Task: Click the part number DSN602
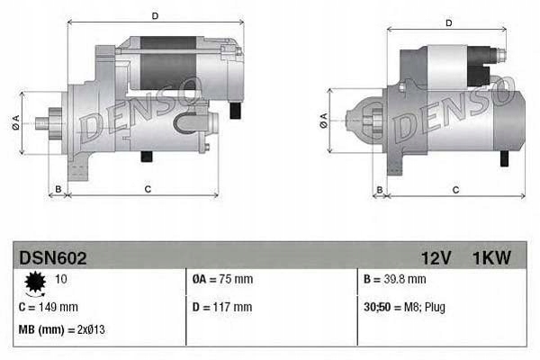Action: click(x=53, y=258)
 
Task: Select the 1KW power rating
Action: click(x=491, y=258)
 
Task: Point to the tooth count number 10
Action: click(x=61, y=279)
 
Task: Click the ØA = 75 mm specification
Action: click(x=223, y=279)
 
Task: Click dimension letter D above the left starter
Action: click(x=155, y=15)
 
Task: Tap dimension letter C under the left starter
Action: click(x=147, y=190)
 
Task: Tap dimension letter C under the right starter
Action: click(x=455, y=190)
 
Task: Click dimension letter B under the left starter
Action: click(x=58, y=190)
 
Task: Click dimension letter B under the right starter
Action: click(x=379, y=190)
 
